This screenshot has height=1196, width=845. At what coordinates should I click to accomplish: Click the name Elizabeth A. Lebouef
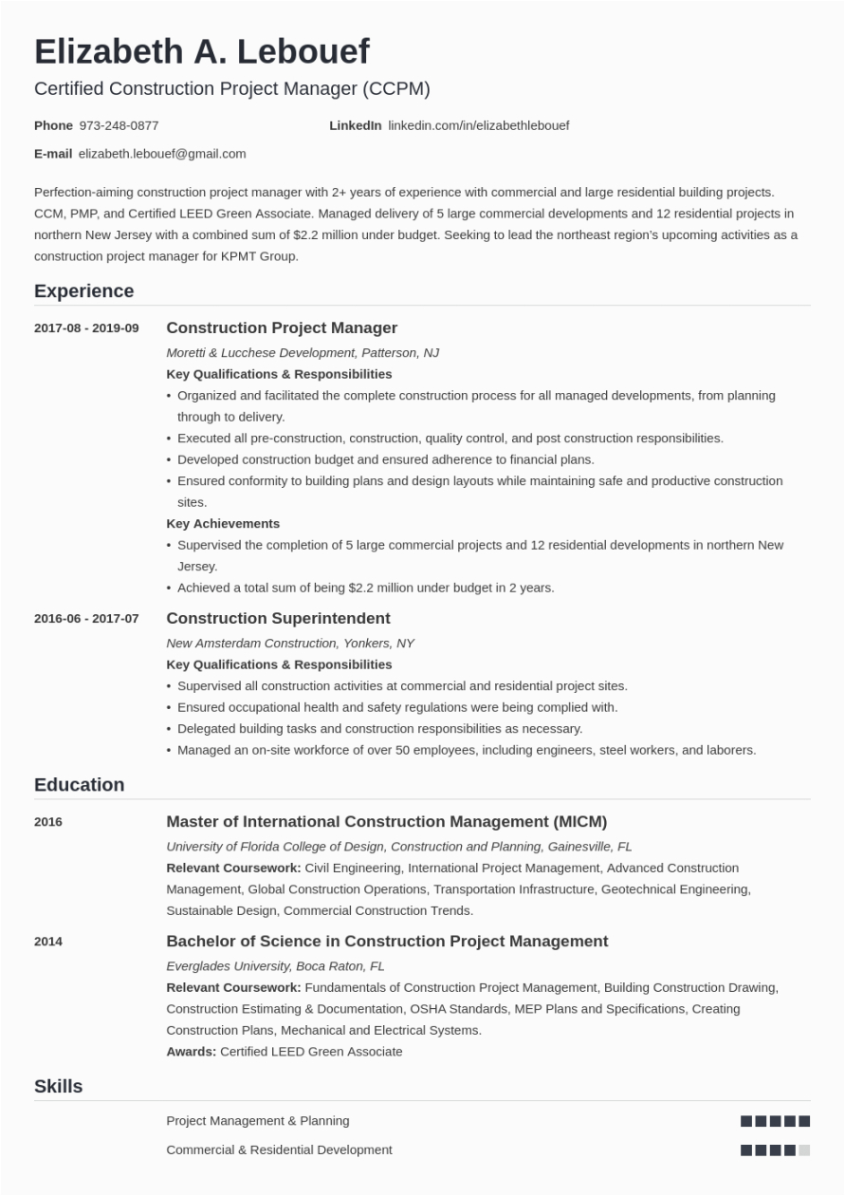201,51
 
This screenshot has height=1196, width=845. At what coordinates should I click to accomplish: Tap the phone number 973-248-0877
119,125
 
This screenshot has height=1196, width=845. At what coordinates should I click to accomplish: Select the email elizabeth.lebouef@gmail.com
161,154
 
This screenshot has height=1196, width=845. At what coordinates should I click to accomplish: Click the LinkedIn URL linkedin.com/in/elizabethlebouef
478,125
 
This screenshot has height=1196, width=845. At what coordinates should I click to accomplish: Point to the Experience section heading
83,291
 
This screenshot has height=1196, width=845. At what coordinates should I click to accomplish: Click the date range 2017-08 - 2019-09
86,328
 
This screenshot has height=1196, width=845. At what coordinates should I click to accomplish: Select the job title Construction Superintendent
278,619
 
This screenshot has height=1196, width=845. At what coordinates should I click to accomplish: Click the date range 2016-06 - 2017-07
86,619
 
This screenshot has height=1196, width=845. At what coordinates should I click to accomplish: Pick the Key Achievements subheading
223,523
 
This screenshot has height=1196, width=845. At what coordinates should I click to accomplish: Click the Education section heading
79,785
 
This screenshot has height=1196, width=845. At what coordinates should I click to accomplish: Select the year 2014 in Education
48,942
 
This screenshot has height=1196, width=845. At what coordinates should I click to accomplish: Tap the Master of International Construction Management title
386,822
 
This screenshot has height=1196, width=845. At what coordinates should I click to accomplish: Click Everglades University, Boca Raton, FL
275,965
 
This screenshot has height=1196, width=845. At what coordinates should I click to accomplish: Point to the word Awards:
191,1052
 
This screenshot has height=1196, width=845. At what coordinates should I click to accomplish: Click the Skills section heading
58,1087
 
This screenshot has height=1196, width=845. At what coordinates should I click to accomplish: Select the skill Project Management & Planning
257,1121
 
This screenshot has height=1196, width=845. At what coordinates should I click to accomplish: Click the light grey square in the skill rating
804,1150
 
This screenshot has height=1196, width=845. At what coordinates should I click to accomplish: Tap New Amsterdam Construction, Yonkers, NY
289,643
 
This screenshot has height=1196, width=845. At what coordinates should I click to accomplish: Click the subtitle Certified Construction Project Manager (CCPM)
231,89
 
